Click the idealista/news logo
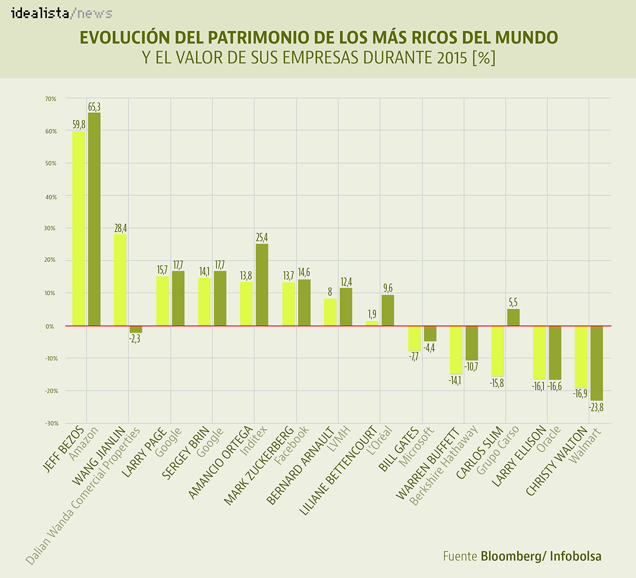(61, 13)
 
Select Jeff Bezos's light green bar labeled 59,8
(78, 228)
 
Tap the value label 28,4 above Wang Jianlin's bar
(120, 229)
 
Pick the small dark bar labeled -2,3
(136, 329)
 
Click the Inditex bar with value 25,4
(262, 285)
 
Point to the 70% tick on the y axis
(50, 99)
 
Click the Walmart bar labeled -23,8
(597, 363)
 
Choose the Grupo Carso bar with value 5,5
(513, 317)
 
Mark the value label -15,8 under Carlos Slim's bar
(497, 383)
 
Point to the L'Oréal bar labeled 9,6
(387, 310)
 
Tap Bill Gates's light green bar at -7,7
(414, 338)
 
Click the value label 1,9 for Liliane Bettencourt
(372, 314)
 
